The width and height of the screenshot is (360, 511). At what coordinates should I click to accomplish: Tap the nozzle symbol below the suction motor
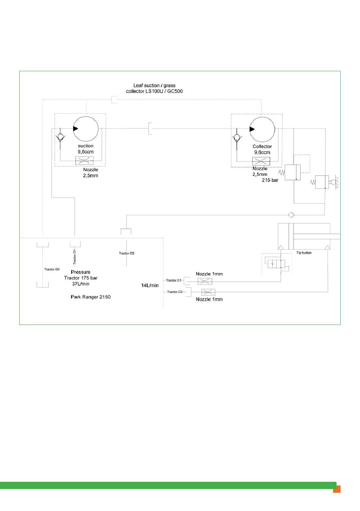(x=85, y=161)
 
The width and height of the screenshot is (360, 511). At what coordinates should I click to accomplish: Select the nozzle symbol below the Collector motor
(x=261, y=161)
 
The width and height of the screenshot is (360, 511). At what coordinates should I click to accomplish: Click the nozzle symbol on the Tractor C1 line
(x=205, y=281)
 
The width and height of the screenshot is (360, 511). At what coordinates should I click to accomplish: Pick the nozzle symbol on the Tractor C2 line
(x=208, y=292)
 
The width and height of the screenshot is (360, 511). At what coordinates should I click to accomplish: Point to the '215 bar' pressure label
(x=270, y=180)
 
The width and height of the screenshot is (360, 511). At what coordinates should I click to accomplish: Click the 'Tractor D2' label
(x=127, y=253)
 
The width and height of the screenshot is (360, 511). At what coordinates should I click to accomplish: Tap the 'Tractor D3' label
(x=52, y=269)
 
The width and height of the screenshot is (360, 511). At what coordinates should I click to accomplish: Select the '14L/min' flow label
(x=150, y=285)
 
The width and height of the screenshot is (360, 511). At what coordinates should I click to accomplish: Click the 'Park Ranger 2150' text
(x=91, y=297)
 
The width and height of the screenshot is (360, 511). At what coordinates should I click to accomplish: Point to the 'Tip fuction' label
(x=304, y=253)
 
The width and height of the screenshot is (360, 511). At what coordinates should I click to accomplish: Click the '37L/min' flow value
(x=81, y=284)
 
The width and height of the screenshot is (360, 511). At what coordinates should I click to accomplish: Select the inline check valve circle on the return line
(x=291, y=215)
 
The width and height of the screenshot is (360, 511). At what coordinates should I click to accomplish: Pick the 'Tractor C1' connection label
(x=174, y=280)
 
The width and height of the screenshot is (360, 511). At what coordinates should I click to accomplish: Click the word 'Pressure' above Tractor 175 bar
(x=80, y=272)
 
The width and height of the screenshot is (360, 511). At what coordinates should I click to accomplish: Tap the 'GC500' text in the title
(x=175, y=91)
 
